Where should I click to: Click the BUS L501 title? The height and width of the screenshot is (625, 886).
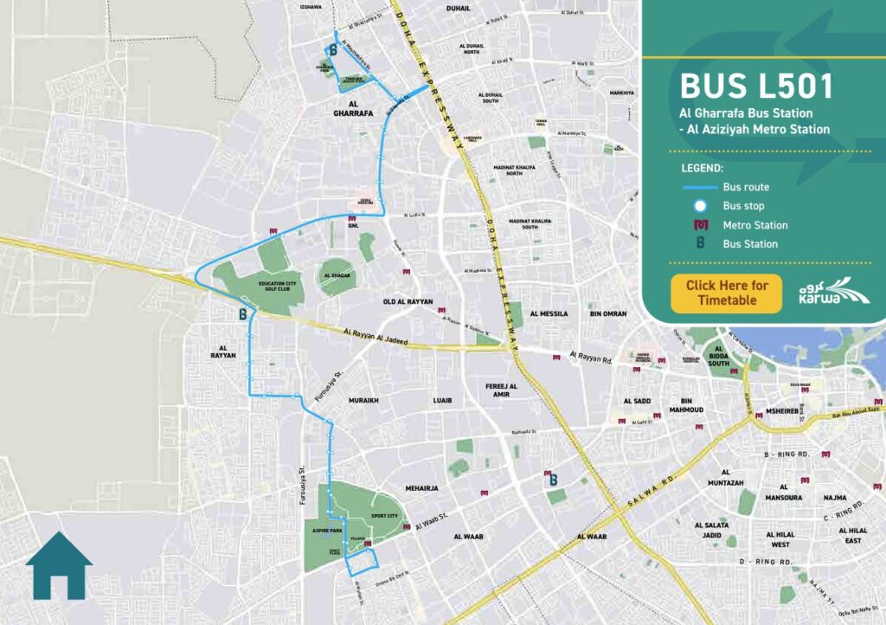pyautogui.click(x=756, y=87)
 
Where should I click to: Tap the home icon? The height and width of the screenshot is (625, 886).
pyautogui.click(x=59, y=565)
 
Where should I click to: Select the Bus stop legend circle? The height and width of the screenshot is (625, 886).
pyautogui.click(x=701, y=206)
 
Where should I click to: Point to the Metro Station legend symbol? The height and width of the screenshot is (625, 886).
pyautogui.click(x=701, y=225)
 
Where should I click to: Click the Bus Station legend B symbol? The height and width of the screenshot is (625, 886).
pyautogui.click(x=701, y=244)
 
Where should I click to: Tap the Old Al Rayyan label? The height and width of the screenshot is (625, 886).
pyautogui.click(x=408, y=302)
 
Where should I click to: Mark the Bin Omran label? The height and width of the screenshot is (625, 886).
pyautogui.click(x=607, y=313)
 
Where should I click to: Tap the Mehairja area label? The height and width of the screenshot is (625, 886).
pyautogui.click(x=423, y=488)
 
